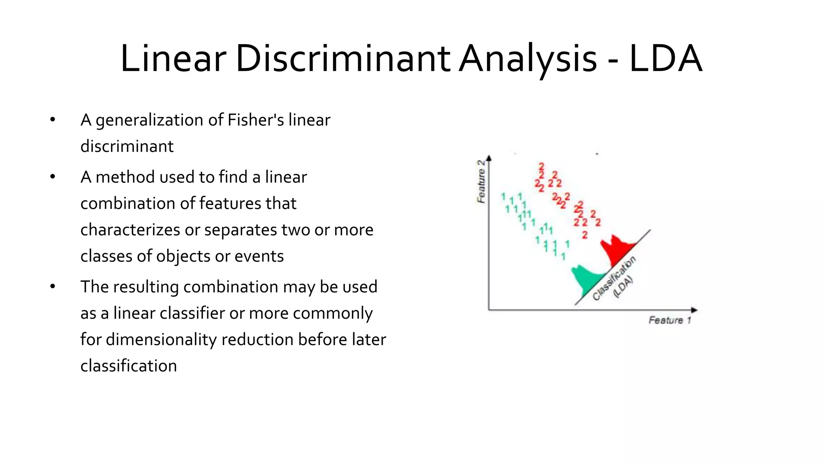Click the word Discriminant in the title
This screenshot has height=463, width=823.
point(343,59)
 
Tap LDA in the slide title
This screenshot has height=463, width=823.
point(665,59)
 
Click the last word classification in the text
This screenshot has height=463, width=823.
point(129,366)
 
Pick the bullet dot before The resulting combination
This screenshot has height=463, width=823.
point(53,287)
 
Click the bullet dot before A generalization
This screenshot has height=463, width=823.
point(53,120)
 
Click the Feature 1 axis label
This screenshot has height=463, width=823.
point(669,320)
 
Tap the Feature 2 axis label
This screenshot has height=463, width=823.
point(481,182)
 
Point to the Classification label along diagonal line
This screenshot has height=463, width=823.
point(614,278)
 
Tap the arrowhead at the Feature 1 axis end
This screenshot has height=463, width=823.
point(694,310)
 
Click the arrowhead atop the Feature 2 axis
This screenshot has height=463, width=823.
point(489,158)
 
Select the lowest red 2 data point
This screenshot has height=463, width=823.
point(585,235)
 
